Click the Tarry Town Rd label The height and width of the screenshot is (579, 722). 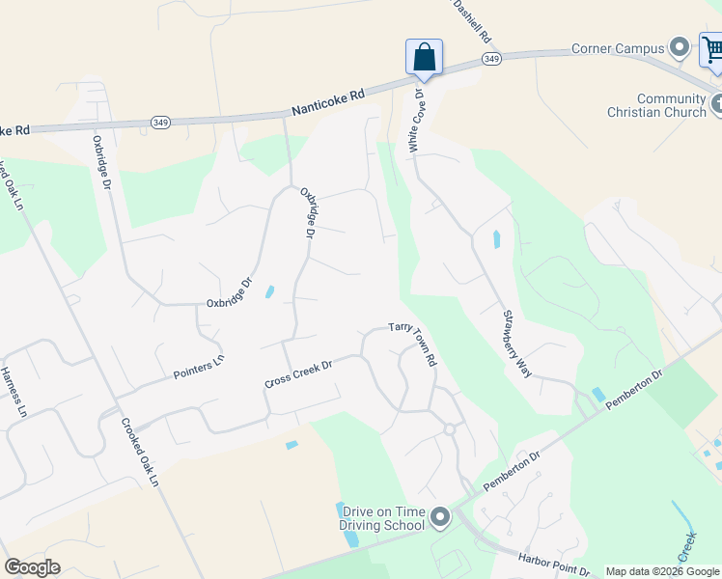coord(415,343)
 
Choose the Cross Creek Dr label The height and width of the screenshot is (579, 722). coord(298,375)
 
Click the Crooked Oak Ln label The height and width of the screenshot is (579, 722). coord(140,450)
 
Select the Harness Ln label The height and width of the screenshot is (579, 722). coord(13,391)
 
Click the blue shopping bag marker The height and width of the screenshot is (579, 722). coord(425,57)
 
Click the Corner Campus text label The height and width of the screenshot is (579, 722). coord(619,48)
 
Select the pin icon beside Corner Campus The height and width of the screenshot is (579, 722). coord(680,47)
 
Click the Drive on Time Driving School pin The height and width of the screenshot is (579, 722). coord(441,518)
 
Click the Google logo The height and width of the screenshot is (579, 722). coord(32,567)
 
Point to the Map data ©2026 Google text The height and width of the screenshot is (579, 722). coord(662,571)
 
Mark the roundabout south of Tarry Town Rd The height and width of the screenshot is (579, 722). coord(449,428)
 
